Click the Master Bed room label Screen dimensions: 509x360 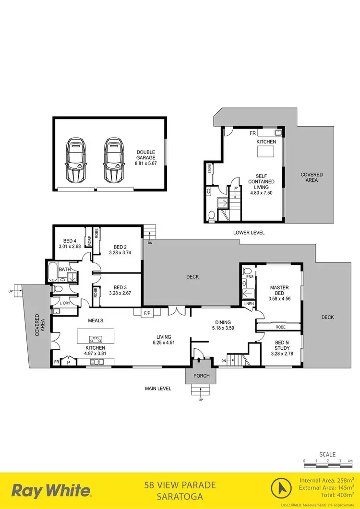point(279,291)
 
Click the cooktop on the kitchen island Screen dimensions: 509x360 point(96,337)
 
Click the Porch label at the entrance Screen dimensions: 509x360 point(202,376)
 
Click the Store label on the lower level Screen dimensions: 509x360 point(210,169)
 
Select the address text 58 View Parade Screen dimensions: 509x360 point(180,485)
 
